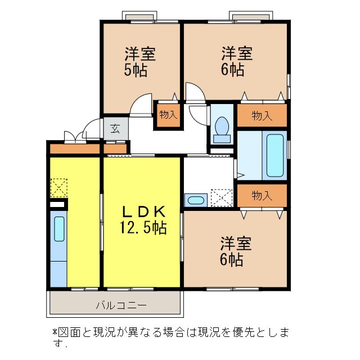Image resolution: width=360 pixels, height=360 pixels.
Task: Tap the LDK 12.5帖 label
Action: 143,220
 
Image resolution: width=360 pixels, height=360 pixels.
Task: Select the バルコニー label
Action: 120,305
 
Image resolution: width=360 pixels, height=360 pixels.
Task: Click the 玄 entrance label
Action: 115,128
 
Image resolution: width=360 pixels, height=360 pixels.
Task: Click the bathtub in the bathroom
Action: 274,155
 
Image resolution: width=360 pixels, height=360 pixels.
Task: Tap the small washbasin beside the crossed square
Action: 195,200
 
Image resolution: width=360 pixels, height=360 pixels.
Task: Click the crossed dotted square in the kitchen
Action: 58,187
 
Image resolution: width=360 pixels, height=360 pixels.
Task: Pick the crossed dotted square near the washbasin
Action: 221,197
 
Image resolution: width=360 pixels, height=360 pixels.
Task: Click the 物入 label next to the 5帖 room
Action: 168,115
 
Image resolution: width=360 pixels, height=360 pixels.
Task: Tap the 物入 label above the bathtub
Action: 262,116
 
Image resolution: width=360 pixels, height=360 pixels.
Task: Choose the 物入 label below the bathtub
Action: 262,196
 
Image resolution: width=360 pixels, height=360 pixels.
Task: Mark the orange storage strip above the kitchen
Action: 74,150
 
